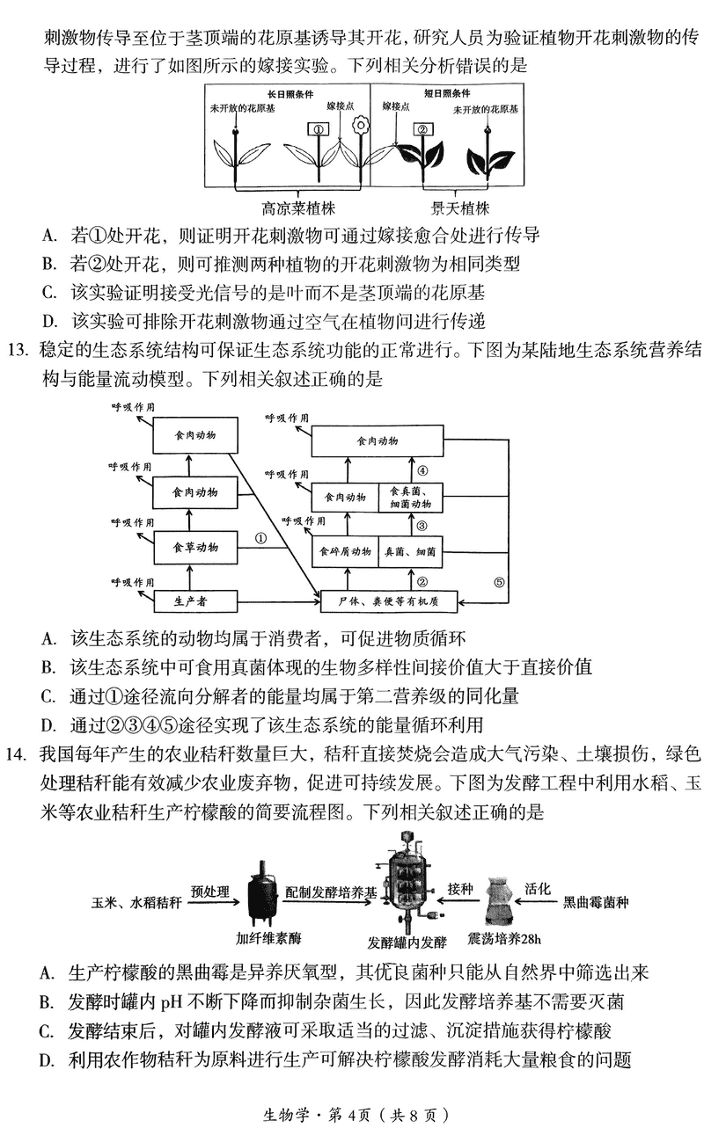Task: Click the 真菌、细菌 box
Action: [410, 553]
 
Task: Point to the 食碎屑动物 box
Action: [346, 553]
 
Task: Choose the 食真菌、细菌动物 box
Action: [410, 498]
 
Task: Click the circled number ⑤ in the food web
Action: [497, 581]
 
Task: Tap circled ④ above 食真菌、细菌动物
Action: [422, 470]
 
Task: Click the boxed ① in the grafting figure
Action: [317, 128]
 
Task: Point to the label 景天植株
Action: [459, 208]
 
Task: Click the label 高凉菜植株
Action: [299, 208]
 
